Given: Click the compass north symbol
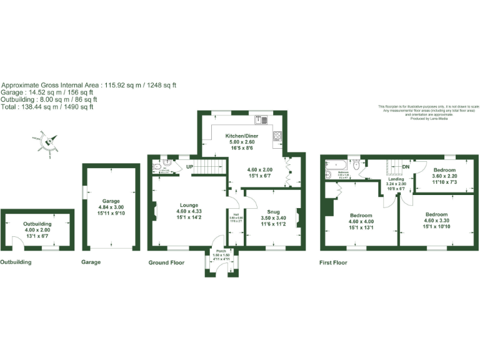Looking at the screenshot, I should [49, 143].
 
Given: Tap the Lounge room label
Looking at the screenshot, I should [189, 204].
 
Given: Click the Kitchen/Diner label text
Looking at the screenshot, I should [241, 136].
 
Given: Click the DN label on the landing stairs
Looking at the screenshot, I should [406, 167].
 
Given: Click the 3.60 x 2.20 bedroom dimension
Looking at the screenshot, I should [444, 176].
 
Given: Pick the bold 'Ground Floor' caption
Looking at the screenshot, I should [166, 262].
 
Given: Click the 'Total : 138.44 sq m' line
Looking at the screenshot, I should [48, 107].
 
